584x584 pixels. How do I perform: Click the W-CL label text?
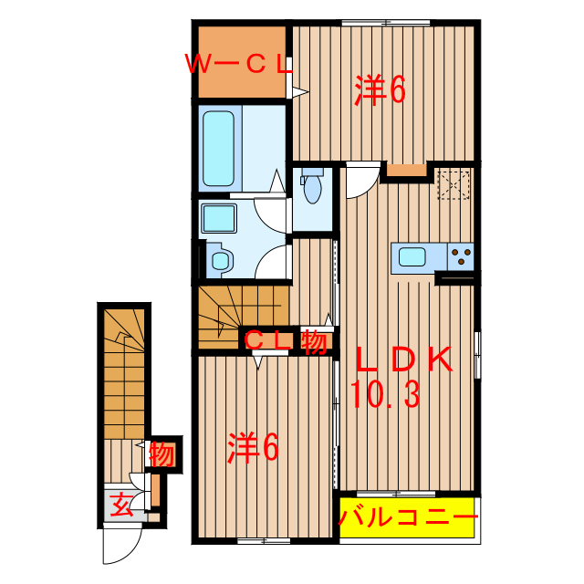[x=238, y=65]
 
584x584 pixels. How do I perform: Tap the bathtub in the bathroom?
[x=219, y=148]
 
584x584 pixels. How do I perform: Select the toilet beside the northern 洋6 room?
[x=312, y=187]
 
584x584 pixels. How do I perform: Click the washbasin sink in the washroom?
[x=218, y=219]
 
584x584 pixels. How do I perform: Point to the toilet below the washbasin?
[x=220, y=260]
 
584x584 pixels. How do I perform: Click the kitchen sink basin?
[x=412, y=256]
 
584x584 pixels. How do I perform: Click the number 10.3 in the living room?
[x=384, y=395]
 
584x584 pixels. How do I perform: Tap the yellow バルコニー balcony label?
[x=408, y=519]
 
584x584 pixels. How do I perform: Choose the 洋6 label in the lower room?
[x=252, y=447]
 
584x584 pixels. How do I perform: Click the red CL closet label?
[x=271, y=342]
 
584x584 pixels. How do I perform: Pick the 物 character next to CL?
[x=314, y=342]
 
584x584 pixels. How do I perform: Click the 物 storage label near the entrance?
[x=162, y=454]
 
